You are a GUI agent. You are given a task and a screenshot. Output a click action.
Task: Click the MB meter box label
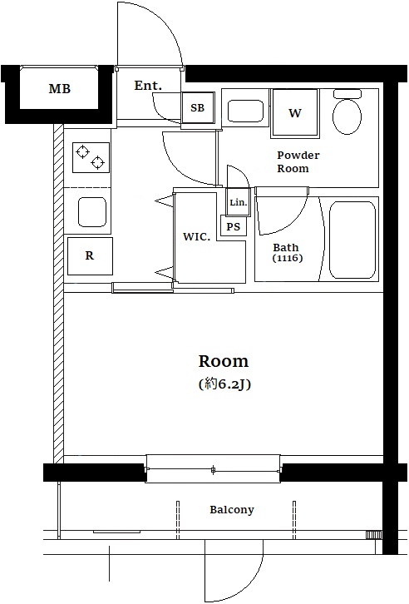tap(60, 89)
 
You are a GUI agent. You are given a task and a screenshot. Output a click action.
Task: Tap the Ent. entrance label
tap(148, 85)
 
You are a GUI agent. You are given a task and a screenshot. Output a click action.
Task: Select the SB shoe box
tap(198, 108)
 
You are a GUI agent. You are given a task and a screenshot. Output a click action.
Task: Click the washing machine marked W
tap(295, 113)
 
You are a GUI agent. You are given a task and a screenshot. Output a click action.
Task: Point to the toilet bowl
tap(347, 116)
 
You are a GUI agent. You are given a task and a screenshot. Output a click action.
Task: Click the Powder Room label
tap(298, 161)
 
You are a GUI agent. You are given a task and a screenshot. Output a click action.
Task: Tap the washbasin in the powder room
tap(245, 111)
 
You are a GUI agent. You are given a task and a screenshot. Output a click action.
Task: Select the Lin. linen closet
tap(238, 202)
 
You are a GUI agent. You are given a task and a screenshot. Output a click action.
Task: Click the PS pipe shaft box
tap(233, 226)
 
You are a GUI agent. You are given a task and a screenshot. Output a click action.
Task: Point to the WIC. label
tap(197, 236)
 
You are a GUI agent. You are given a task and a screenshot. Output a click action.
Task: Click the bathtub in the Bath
tap(352, 240)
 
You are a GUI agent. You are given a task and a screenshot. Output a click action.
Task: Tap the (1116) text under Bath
tap(288, 258)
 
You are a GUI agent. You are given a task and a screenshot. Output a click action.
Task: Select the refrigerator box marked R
tap(90, 255)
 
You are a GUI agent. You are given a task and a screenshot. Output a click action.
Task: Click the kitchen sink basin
tap(92, 212)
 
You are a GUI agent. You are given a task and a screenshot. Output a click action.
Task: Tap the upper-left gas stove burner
tap(83, 151)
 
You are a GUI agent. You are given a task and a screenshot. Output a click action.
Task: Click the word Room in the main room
tap(224, 361)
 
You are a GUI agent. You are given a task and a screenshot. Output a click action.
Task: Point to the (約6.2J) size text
tap(224, 384)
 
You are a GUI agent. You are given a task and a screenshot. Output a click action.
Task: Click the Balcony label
tap(232, 510)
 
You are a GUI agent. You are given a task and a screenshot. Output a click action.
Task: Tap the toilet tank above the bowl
tap(347, 94)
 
